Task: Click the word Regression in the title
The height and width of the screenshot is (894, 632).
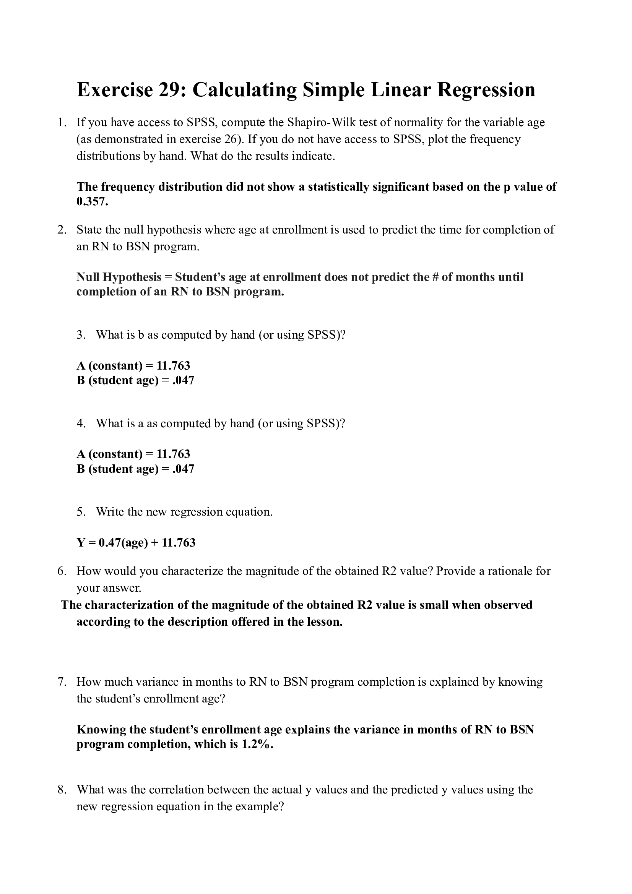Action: [x=486, y=90]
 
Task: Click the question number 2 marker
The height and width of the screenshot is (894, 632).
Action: [x=62, y=230]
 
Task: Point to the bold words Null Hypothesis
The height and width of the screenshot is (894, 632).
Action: [x=119, y=277]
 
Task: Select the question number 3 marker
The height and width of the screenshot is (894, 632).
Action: [x=81, y=335]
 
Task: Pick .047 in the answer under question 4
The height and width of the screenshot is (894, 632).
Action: [x=183, y=469]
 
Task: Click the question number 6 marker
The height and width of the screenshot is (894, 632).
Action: [x=62, y=571]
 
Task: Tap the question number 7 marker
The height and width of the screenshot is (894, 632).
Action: [x=62, y=682]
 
